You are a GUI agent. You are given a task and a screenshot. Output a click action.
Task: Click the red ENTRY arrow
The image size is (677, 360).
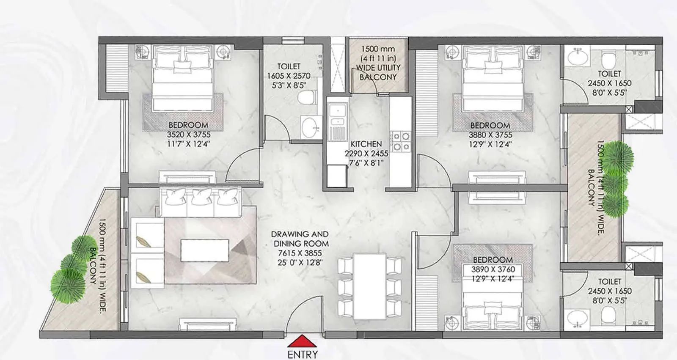pyautogui.click(x=302, y=341)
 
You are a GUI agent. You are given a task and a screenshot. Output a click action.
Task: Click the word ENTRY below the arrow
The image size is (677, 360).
pyautogui.click(x=302, y=354)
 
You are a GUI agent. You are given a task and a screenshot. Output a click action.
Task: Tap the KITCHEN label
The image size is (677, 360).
pyautogui.click(x=366, y=144)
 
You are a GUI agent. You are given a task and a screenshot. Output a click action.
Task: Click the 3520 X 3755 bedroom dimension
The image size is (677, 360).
pyautogui.click(x=188, y=135)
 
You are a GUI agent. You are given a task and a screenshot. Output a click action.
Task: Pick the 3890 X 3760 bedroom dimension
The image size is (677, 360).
pyautogui.click(x=493, y=269)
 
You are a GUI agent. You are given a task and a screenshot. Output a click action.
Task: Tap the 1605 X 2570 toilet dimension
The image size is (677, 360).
pyautogui.click(x=289, y=76)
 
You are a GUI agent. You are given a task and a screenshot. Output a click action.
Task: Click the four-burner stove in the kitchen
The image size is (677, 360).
pyautogui.click(x=400, y=141)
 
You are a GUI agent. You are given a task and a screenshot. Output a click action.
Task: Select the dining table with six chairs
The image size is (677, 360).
pyautogui.click(x=370, y=286)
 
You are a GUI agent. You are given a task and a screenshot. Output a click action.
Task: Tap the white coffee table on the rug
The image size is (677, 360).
pyautogui.click(x=205, y=250)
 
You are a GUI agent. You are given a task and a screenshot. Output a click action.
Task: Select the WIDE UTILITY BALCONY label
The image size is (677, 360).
pyautogui.click(x=378, y=72)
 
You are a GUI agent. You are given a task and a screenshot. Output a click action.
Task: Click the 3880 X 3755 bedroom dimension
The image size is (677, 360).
pyautogui.click(x=490, y=135)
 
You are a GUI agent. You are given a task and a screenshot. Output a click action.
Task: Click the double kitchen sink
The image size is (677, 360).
pyautogui.click(x=337, y=117)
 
